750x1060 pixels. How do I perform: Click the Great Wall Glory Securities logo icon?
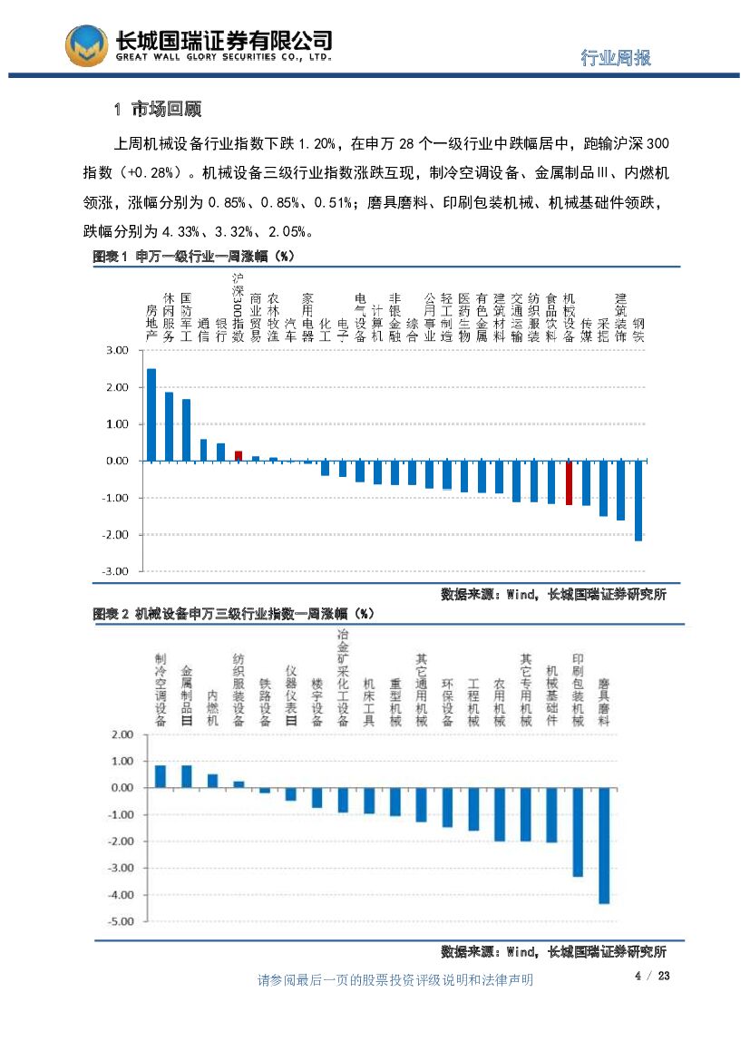pyautogui.click(x=86, y=44)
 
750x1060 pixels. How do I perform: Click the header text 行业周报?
pyautogui.click(x=616, y=58)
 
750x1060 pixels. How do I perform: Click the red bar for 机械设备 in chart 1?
pyautogui.click(x=570, y=482)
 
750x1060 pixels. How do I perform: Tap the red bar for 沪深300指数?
pyautogui.click(x=239, y=456)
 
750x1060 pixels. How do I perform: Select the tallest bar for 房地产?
pyautogui.click(x=151, y=414)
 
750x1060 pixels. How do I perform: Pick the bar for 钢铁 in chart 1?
pyautogui.click(x=638, y=501)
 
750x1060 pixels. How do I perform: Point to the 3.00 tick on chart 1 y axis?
pyautogui.click(x=117, y=350)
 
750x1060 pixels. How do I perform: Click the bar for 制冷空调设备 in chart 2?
pyautogui.click(x=161, y=776)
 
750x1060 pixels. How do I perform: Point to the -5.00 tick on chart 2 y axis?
pyautogui.click(x=121, y=921)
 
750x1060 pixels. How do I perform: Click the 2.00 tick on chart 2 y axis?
pyautogui.click(x=122, y=734)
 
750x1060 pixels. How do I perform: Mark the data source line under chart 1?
pyautogui.click(x=553, y=595)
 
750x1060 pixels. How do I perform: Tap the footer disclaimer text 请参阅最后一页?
pyautogui.click(x=395, y=980)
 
